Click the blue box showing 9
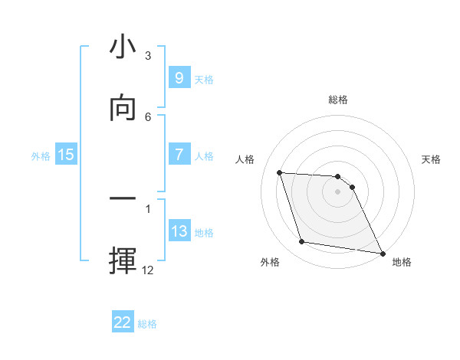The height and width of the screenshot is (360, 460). tap(179, 78)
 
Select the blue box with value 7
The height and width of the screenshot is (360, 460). tap(179, 155)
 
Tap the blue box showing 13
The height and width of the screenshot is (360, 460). tap(179, 231)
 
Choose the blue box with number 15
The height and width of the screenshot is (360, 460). tap(66, 155)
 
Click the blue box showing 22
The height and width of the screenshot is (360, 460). tap(123, 322)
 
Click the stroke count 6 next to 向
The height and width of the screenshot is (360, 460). tap(148, 116)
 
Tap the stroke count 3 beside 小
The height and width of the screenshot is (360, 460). tap(148, 56)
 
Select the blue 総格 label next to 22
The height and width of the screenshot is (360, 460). tap(147, 323)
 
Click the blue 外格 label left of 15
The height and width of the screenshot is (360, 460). tap(41, 155)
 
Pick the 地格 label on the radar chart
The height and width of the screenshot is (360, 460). tap(402, 262)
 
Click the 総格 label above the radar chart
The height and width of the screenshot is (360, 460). tap(338, 100)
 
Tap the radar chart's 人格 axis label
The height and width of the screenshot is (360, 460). tap(245, 159)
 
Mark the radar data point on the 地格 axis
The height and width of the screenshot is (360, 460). tap(382, 253)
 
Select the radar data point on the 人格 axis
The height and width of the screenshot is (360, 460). tap(280, 173)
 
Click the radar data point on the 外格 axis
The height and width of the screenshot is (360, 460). tap(302, 242)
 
